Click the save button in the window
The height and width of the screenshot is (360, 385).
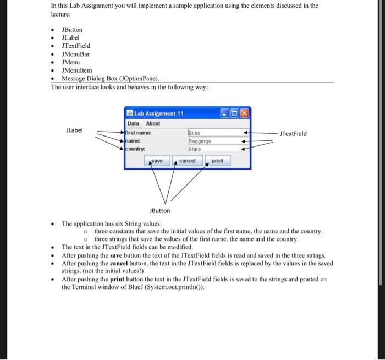point(157,161)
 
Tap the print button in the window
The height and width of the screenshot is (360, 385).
point(217,161)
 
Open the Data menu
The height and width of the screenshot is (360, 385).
point(133,123)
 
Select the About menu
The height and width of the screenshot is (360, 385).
point(153,123)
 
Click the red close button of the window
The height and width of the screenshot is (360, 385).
point(244,113)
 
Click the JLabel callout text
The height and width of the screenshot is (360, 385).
point(74,130)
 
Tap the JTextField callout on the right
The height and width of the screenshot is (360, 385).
point(293,133)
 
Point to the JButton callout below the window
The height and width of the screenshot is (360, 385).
point(160,210)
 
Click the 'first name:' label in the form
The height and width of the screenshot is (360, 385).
point(139,133)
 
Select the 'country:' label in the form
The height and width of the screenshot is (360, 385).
point(136,149)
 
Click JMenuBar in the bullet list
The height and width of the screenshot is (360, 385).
point(75,54)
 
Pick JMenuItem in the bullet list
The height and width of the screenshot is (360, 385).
point(77,70)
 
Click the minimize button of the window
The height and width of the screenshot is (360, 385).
point(225,113)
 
